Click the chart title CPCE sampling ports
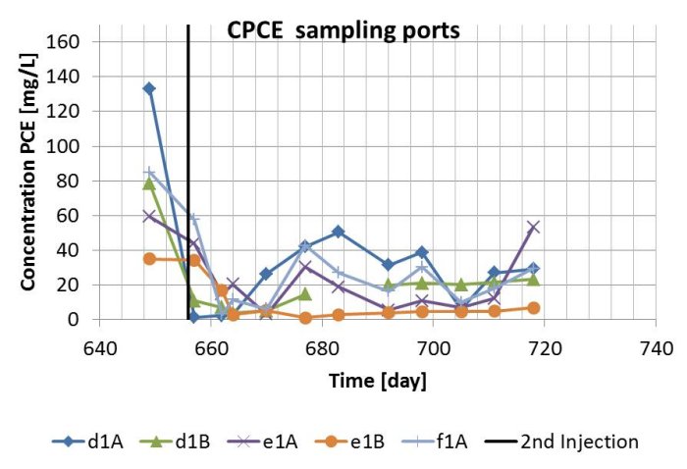coord(343,29)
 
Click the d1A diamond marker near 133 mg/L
coord(149,88)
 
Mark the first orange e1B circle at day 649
coord(149,259)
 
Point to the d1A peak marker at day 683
coord(339,232)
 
